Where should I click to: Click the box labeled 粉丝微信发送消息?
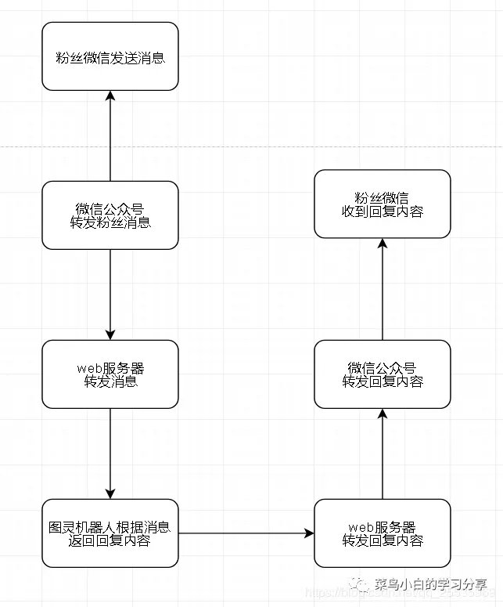(x=110, y=56)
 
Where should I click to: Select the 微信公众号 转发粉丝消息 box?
(x=110, y=215)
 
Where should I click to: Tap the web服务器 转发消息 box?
(x=110, y=374)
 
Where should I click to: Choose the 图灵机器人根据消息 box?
(x=110, y=533)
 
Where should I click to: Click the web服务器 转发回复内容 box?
(x=383, y=533)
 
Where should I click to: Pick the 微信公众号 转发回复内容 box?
(x=383, y=374)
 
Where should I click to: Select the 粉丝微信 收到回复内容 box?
(x=383, y=204)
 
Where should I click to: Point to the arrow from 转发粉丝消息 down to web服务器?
(x=110, y=294)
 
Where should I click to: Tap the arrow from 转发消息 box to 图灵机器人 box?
(x=110, y=453)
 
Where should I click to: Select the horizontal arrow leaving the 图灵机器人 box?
(x=246, y=533)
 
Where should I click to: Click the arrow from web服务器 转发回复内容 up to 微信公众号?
(x=383, y=453)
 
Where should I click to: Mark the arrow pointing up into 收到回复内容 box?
(x=383, y=289)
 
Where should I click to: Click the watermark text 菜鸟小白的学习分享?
(x=431, y=585)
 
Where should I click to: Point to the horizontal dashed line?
(x=250, y=146)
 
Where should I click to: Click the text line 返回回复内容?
(x=110, y=541)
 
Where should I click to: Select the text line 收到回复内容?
(x=383, y=211)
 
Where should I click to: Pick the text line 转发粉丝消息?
(x=110, y=223)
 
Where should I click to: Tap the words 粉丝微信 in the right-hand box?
(x=383, y=196)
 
